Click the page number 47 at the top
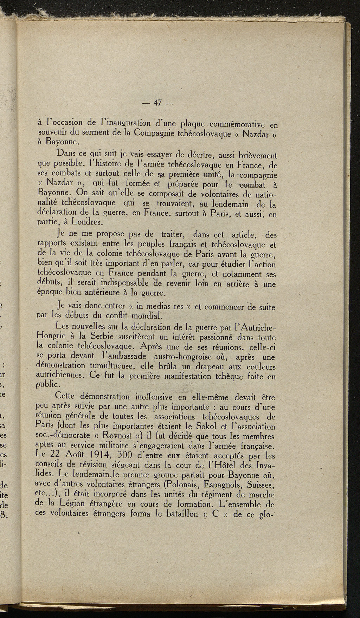[157, 103]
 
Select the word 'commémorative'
[235, 124]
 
